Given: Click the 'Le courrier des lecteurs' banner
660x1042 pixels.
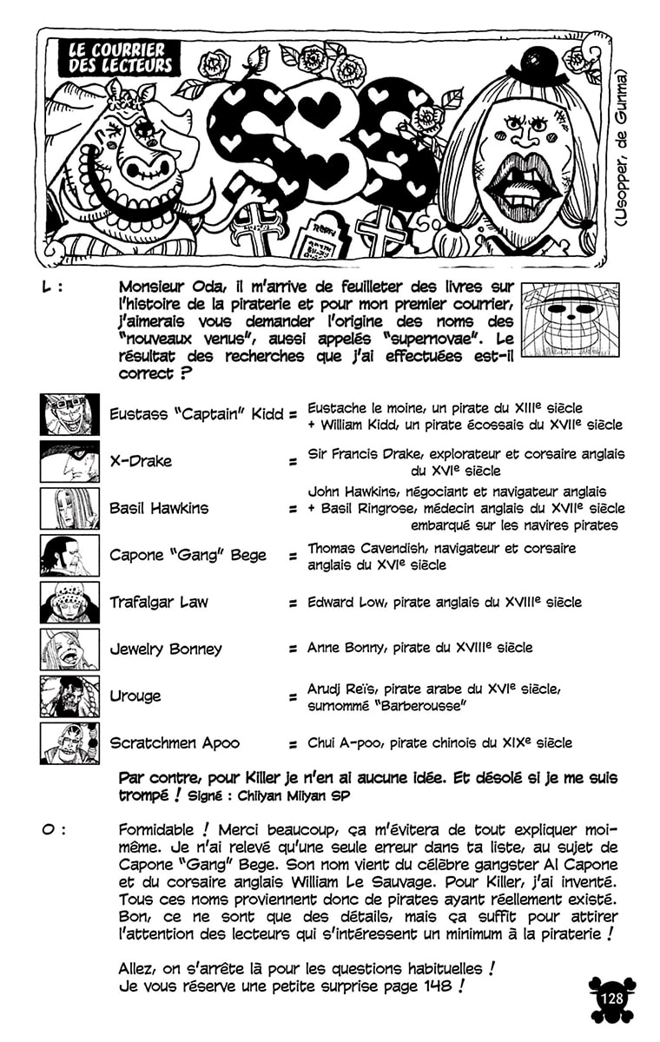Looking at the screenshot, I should [122, 57].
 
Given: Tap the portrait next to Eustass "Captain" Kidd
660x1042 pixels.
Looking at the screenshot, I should [69, 415].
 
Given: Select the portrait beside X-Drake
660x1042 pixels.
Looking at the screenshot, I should [69, 462].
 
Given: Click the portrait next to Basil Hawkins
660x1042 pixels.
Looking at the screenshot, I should [69, 509].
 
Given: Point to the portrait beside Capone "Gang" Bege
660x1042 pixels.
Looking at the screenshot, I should [69, 556].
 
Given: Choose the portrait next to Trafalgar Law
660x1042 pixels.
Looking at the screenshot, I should [69, 603].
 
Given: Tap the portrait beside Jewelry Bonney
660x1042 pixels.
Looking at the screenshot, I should [69, 650].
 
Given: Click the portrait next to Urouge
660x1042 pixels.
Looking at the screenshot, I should [69, 696].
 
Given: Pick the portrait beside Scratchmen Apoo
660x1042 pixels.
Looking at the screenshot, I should [69, 743].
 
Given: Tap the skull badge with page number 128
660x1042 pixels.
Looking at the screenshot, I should [611, 998].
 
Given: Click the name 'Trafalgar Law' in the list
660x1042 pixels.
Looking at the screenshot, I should [159, 603].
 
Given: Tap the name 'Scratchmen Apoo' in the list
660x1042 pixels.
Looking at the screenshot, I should [175, 743].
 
